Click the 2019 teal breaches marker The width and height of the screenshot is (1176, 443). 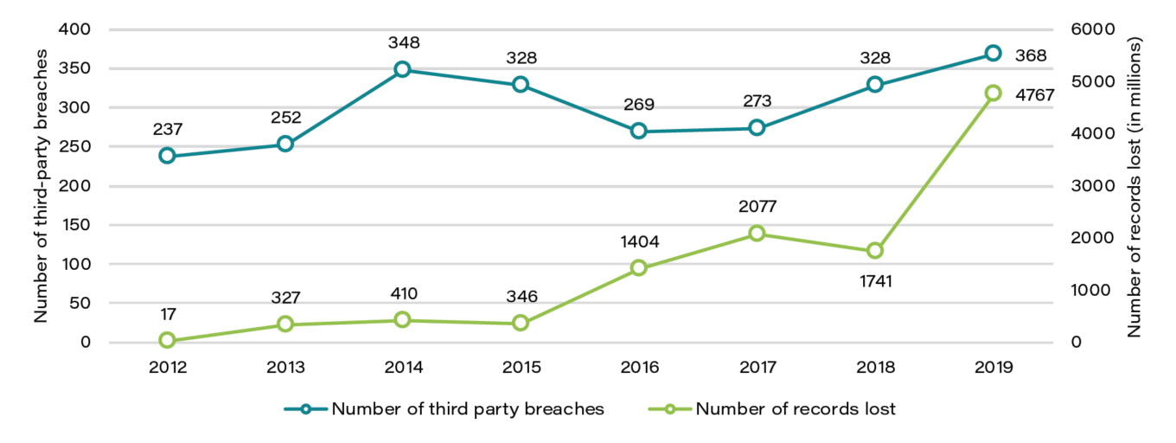pyautogui.click(x=993, y=54)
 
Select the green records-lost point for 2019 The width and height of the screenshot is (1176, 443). pyautogui.click(x=993, y=93)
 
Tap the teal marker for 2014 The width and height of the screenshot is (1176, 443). pyautogui.click(x=402, y=69)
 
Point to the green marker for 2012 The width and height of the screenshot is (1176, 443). pyautogui.click(x=167, y=341)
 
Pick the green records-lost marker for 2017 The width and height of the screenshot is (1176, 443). pyautogui.click(x=757, y=234)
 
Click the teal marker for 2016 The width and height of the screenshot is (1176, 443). pyautogui.click(x=638, y=131)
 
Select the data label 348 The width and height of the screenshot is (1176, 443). pyautogui.click(x=403, y=42)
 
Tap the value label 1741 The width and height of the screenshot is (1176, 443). pyautogui.click(x=874, y=280)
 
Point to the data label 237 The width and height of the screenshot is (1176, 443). pyautogui.click(x=167, y=129)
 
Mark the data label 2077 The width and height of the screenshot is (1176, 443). pyautogui.click(x=757, y=207)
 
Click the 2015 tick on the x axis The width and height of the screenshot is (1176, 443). pyautogui.click(x=521, y=367)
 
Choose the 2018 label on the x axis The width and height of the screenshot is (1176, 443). pyautogui.click(x=875, y=367)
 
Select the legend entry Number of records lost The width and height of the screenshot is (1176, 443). pyautogui.click(x=796, y=409)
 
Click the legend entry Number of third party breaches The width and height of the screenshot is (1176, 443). pyautogui.click(x=468, y=409)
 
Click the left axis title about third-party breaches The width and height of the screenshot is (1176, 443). pyautogui.click(x=41, y=186)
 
